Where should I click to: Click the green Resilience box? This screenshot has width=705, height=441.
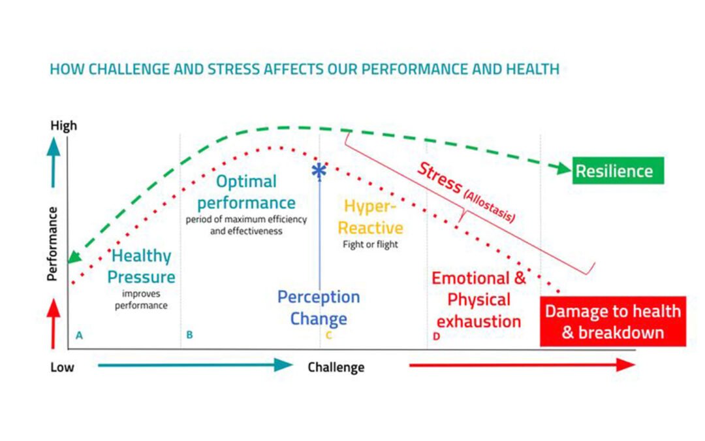pos(618,171)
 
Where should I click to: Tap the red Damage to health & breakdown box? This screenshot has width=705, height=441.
pos(613,321)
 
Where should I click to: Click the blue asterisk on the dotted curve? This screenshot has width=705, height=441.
pos(319,171)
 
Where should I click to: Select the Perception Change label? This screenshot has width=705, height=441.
pos(319,308)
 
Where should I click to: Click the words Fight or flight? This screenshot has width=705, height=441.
pos(370,244)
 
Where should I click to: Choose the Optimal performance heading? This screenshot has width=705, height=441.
pos(246,192)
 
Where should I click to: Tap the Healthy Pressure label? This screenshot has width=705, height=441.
pos(141,266)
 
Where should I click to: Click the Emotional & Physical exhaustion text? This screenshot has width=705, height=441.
pos(478,299)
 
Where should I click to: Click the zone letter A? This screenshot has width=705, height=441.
pos(79,335)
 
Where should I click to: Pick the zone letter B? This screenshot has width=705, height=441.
pos(189,335)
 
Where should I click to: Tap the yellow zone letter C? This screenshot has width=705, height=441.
pos(328,336)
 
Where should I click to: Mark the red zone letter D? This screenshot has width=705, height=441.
pos(436,336)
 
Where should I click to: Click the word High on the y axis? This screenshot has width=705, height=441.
pos(63,125)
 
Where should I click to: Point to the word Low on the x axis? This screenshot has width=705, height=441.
pos(62,367)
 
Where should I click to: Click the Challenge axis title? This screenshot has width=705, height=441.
pos(336,367)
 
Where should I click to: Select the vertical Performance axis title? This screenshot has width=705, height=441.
pos(53,243)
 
